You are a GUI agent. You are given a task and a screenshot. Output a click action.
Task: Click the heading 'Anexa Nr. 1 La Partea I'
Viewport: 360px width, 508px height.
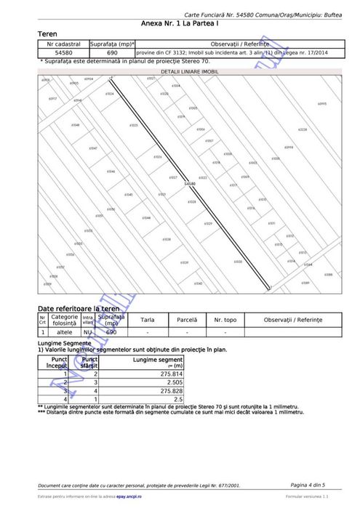pyautogui.click(x=180, y=24)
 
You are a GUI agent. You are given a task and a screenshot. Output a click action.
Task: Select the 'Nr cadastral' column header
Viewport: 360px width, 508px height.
pyautogui.click(x=63, y=44)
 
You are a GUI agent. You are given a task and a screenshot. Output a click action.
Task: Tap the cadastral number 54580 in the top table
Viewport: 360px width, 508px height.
pyautogui.click(x=63, y=53)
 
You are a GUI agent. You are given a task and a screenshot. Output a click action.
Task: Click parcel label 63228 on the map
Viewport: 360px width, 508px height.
pyautogui.click(x=303, y=130)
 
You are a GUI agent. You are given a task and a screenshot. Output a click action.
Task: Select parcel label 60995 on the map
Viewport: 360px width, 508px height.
pyautogui.click(x=321, y=104)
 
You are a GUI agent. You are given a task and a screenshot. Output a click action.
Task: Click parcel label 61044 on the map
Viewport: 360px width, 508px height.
pyautogui.click(x=146, y=218)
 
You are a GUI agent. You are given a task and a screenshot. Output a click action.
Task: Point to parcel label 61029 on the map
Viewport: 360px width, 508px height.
pyautogui.click(x=208, y=223)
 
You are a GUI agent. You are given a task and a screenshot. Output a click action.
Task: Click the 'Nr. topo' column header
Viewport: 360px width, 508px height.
pyautogui.click(x=225, y=320)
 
